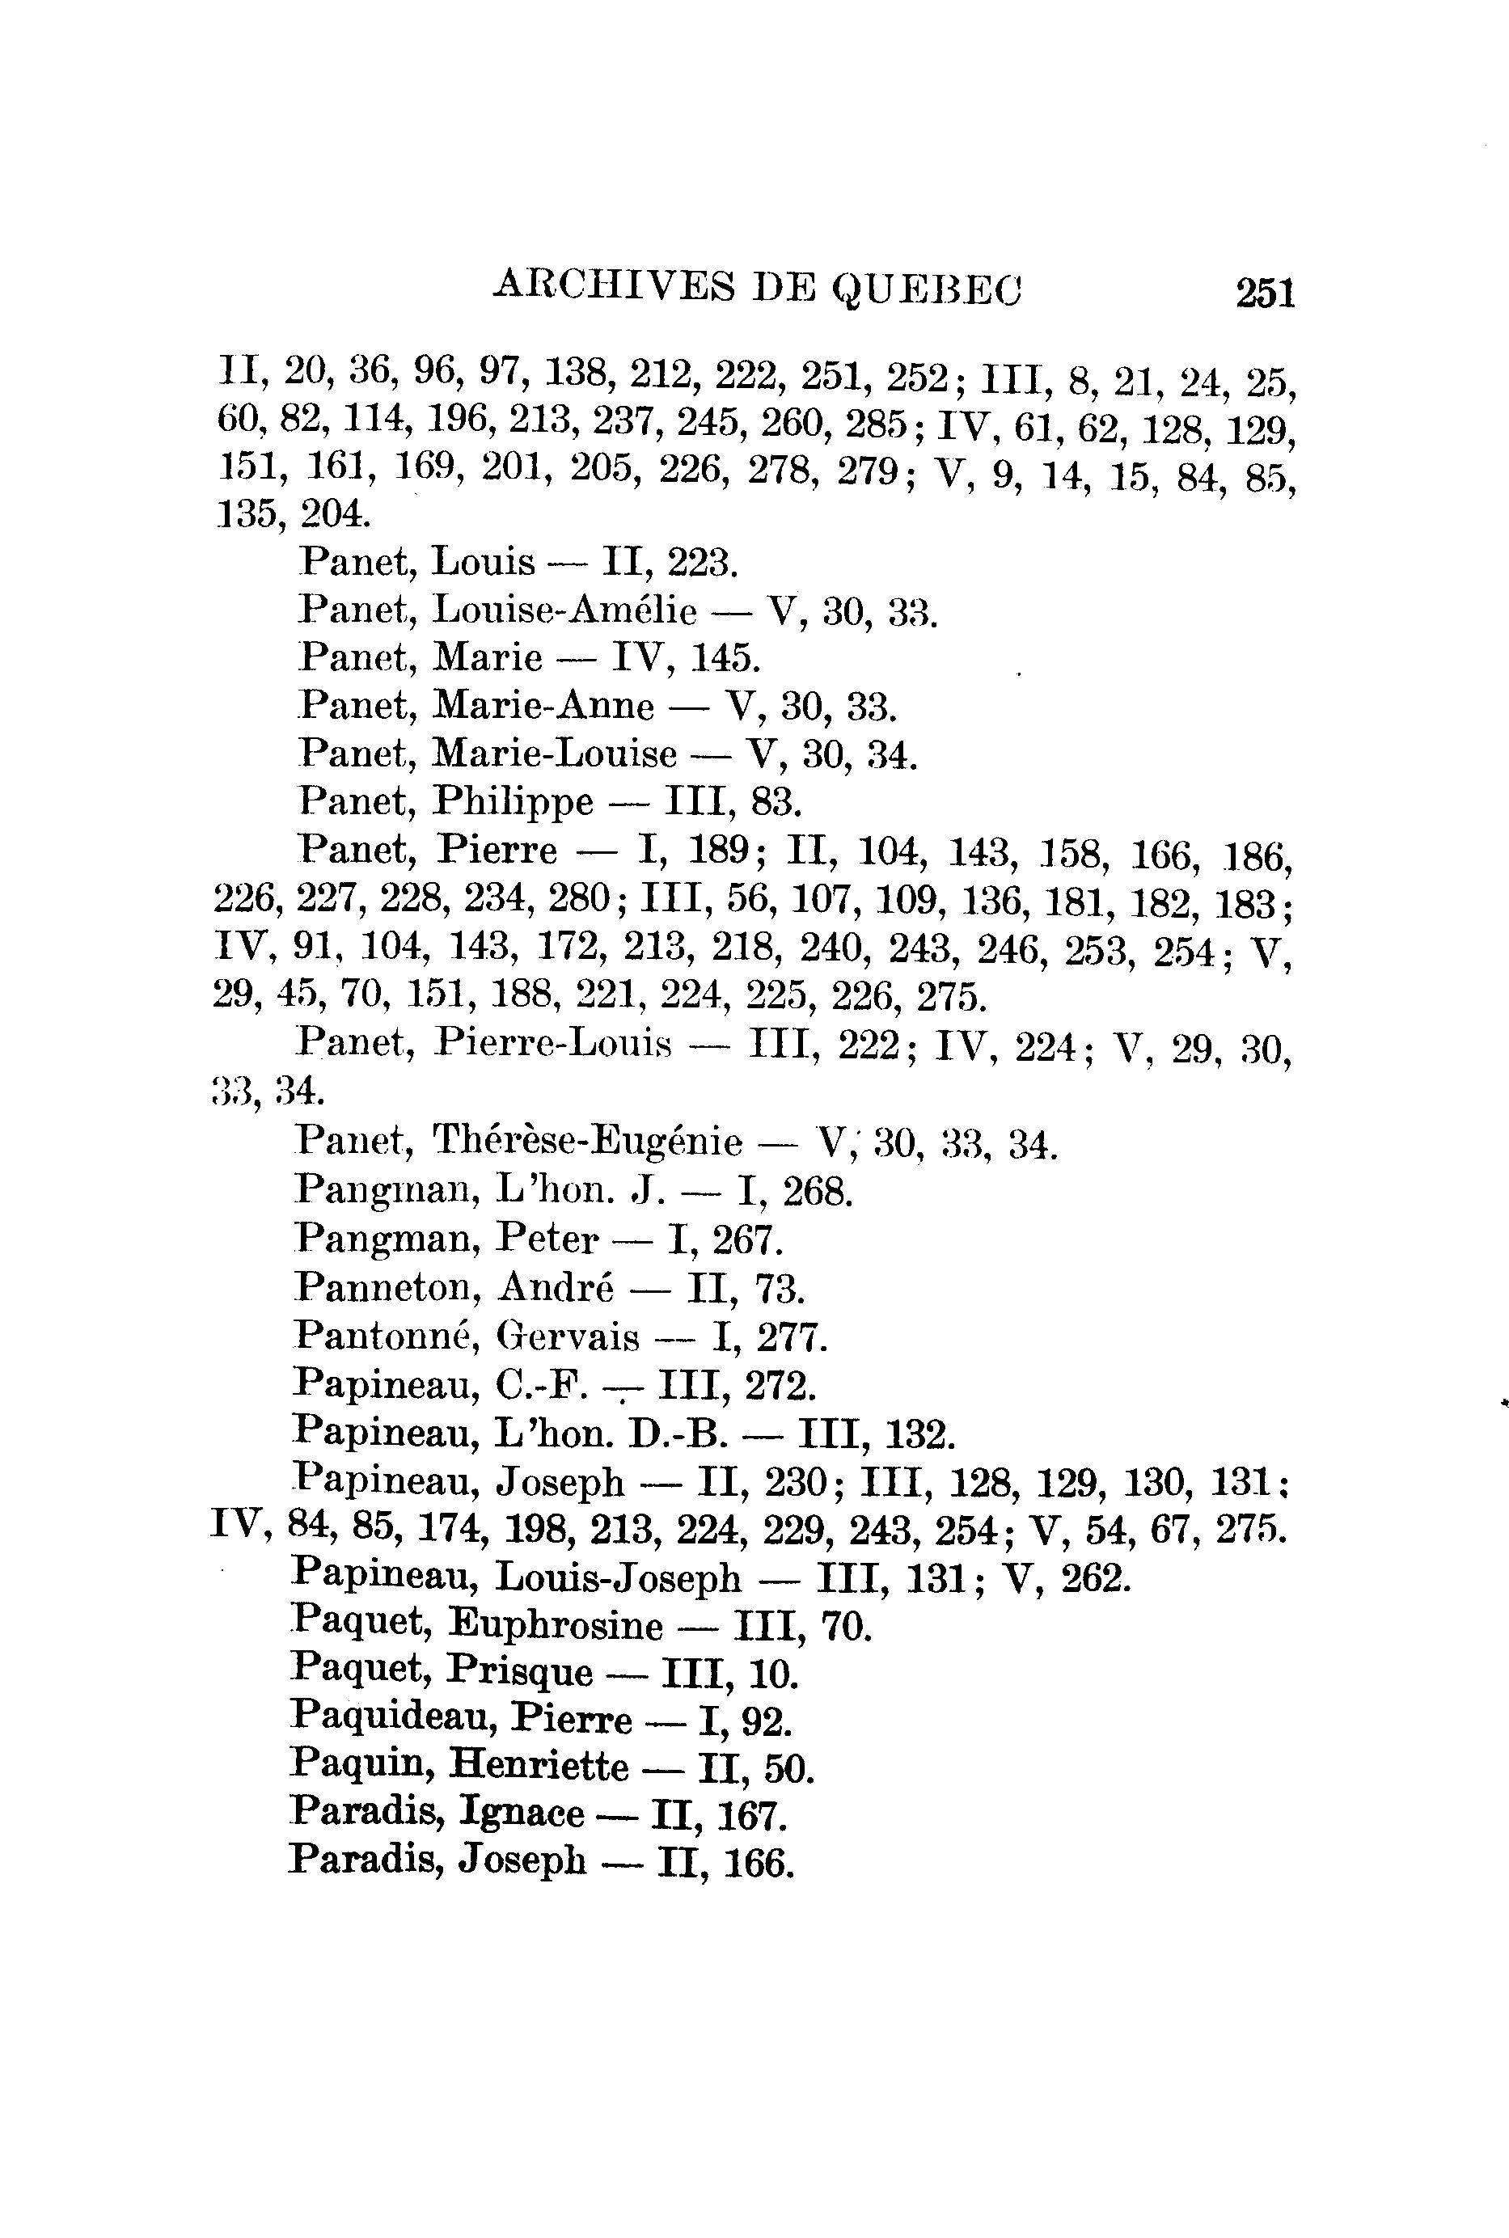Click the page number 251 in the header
pos(1266,293)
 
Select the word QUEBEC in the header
pos(926,288)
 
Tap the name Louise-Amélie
pos(565,611)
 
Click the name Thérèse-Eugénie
pos(587,1142)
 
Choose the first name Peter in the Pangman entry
pos(547,1239)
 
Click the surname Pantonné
pos(388,1336)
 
